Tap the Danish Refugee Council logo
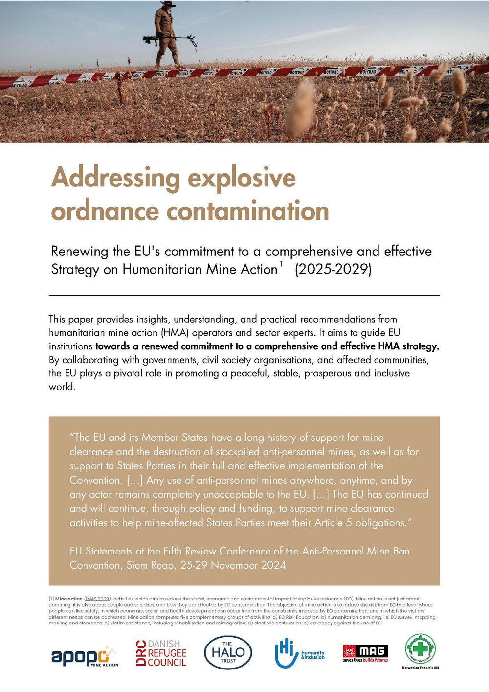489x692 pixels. tap(161, 653)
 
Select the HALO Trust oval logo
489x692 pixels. tap(228, 652)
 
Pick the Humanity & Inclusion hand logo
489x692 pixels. tap(299, 653)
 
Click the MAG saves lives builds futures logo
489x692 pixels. tap(365, 653)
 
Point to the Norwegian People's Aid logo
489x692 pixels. tap(421, 651)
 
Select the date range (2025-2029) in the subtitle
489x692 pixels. tap(333, 269)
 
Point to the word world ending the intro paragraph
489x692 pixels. tap(62, 387)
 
